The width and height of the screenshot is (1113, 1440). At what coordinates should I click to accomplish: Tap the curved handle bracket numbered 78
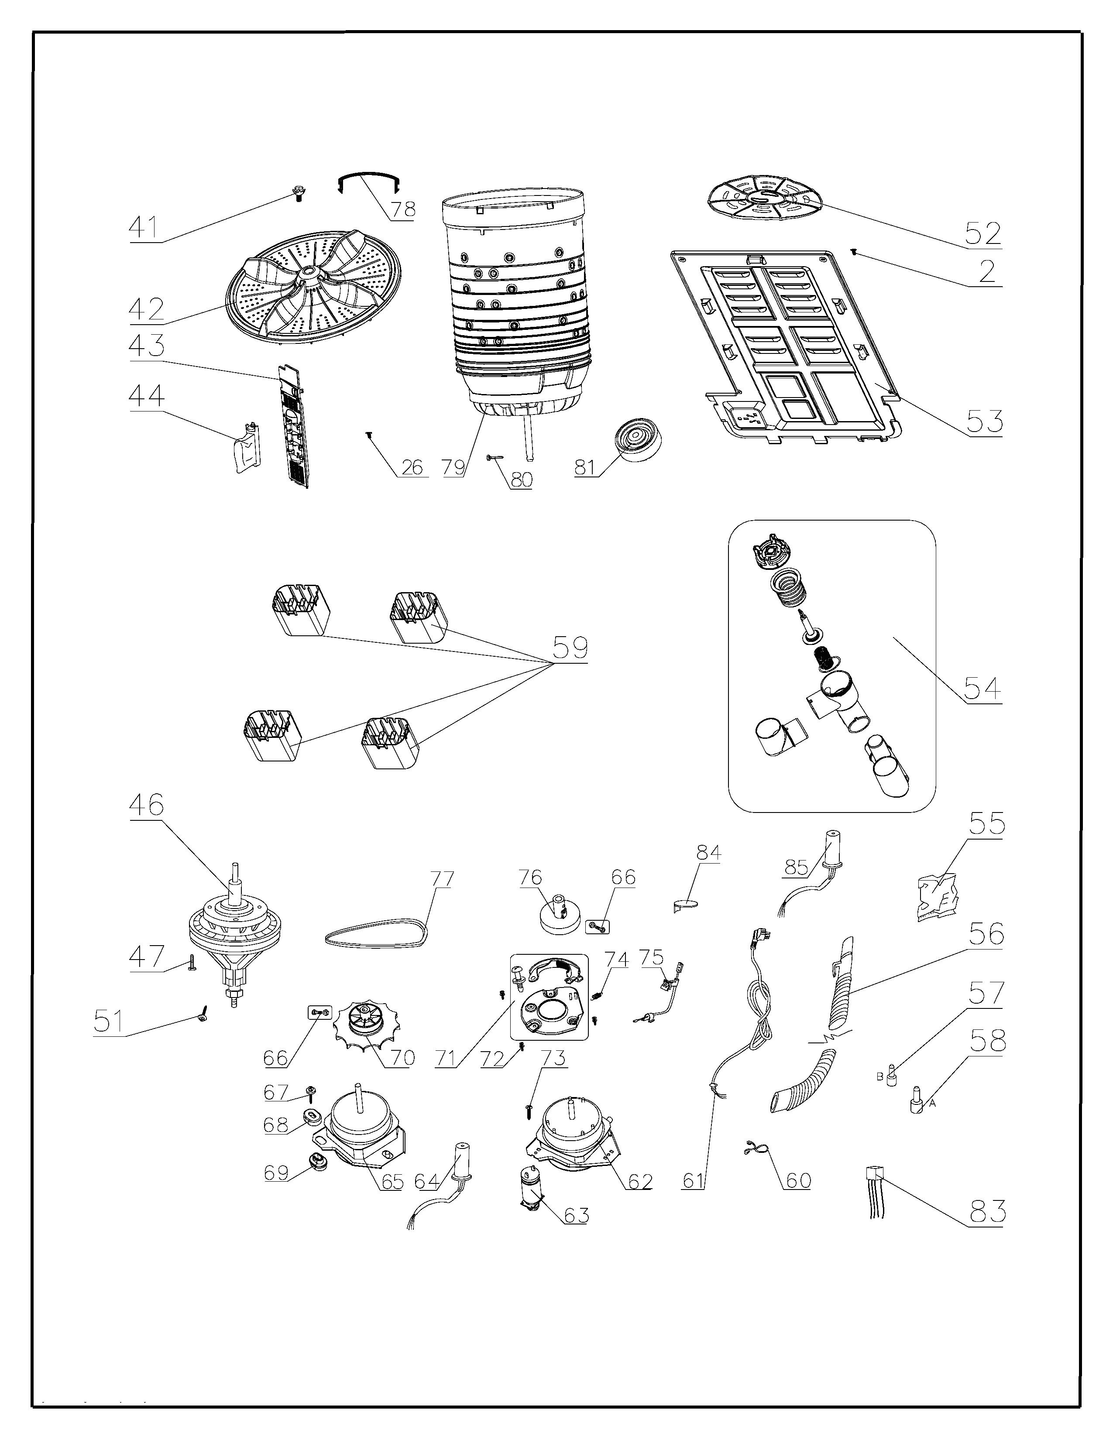click(x=369, y=182)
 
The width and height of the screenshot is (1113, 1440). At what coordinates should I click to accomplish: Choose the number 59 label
click(x=570, y=648)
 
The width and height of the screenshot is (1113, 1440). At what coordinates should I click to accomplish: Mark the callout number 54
click(x=982, y=689)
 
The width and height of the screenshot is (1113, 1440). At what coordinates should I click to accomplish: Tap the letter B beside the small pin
click(x=879, y=1077)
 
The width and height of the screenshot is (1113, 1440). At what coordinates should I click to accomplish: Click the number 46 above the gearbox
click(x=146, y=805)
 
